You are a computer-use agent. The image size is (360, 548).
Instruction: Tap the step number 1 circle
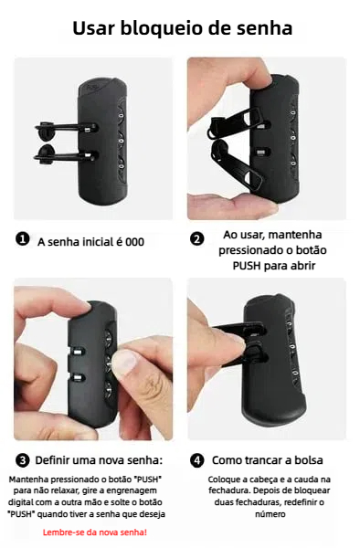coord(23,239)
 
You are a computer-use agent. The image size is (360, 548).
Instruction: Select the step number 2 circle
coord(196,239)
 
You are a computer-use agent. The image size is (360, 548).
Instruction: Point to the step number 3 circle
coord(23,460)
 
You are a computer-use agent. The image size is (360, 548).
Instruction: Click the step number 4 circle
coord(196,460)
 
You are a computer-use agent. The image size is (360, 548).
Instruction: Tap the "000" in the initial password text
coord(134,242)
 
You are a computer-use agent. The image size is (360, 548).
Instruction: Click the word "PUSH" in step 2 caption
coord(247,266)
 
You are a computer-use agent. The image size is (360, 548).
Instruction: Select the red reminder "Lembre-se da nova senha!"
coord(95,532)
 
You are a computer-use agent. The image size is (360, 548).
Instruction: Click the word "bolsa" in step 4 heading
coord(309,460)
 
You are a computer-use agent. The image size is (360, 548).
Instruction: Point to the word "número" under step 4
coord(270,514)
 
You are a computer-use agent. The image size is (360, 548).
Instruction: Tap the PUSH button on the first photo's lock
coord(94,87)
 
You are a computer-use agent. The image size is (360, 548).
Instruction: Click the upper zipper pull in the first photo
coord(66,127)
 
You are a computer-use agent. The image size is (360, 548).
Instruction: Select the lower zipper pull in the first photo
coord(66,154)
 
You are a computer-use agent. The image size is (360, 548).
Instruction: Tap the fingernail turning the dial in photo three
coord(123,361)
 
